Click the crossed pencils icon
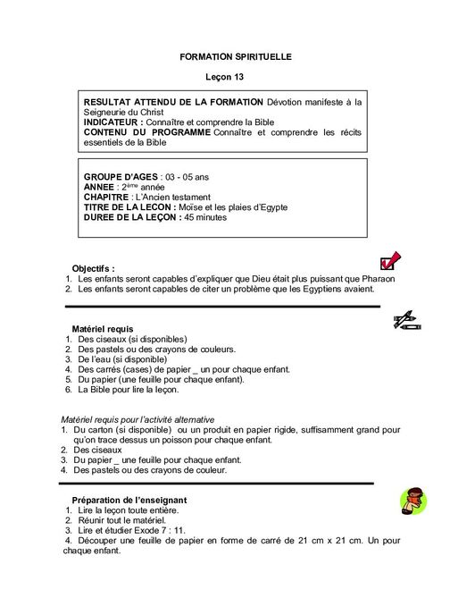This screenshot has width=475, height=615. coord(406,319)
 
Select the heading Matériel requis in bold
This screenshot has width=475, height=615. coord(102,329)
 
